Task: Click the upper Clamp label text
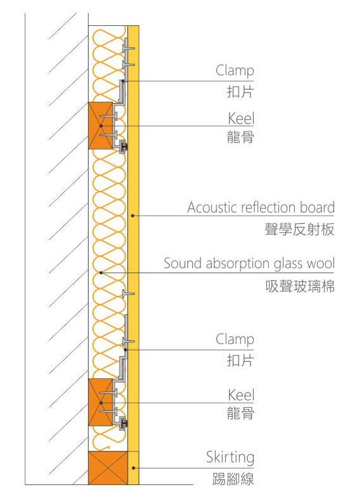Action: point(235,71)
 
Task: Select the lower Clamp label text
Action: point(235,340)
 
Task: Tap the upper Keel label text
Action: point(241,118)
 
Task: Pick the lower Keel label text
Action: point(241,395)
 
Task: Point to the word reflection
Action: point(269,207)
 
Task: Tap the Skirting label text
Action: point(230,458)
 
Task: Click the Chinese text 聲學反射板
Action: point(299,230)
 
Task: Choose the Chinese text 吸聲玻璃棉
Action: point(300,286)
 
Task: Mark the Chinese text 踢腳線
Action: point(233,479)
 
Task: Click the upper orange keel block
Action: point(101,126)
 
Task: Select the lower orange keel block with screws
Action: point(101,402)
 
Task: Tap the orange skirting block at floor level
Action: point(108,468)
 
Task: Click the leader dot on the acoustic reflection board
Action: point(132,216)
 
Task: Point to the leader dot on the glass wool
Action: point(101,273)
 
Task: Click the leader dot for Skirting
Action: point(133,468)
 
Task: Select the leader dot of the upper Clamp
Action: point(124,81)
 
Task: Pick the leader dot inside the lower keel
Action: point(101,403)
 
